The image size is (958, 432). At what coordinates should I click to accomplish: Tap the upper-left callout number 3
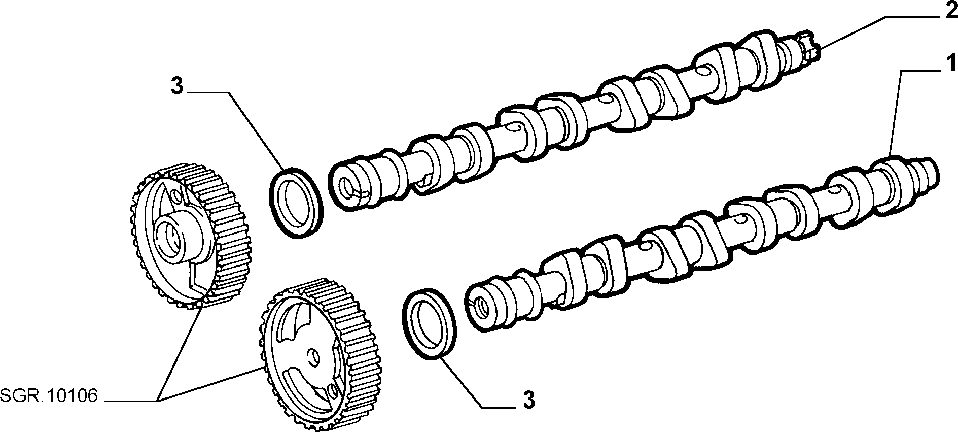point(176,86)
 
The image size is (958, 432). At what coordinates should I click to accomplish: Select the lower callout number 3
point(528,401)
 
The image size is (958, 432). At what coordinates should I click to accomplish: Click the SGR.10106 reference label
point(49,396)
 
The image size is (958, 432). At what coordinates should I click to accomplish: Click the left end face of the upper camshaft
point(347,187)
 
